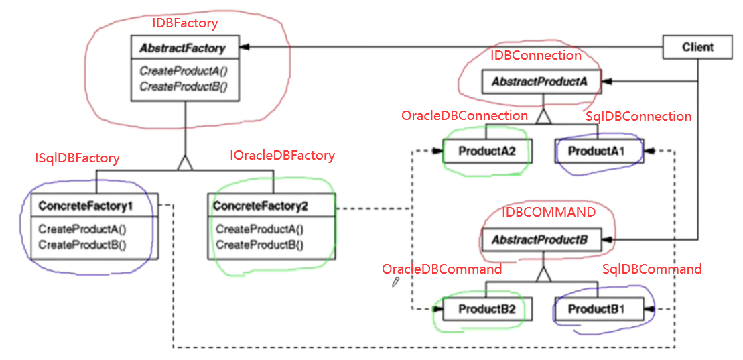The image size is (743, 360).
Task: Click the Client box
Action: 697,47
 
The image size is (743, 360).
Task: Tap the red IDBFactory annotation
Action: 186,23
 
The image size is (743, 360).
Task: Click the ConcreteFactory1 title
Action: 85,205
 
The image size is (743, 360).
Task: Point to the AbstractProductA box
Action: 540,82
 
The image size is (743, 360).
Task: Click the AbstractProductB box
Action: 540,239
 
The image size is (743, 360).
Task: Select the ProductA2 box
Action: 486,152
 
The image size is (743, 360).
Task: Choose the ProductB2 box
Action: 486,309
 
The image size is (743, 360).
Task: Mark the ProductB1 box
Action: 596,309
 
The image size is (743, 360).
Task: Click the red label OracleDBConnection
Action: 464,115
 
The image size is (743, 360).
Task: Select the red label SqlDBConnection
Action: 638,116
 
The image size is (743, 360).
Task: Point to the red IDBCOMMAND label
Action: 549,213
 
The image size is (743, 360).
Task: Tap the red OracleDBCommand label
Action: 442,269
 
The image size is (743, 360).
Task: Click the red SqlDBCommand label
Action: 652,269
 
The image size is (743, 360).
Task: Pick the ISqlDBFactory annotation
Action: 77,158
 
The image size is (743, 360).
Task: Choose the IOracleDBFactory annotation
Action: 282,155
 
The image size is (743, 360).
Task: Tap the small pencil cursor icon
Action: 396,282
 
